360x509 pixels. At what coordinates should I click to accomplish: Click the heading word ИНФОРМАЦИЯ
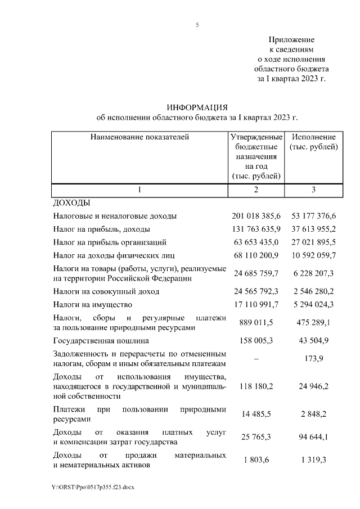197,107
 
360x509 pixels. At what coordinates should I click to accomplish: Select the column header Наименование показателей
140,137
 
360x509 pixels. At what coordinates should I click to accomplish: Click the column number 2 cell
255,190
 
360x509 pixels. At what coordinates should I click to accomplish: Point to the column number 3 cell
313,190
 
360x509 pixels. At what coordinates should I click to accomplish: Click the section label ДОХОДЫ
71,202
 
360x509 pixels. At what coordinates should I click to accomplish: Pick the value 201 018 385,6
256,216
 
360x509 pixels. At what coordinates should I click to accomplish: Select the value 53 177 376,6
313,216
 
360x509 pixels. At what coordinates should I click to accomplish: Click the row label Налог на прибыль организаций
109,242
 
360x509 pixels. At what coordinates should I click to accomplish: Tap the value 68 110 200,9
256,256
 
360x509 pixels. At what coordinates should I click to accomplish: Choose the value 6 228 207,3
313,273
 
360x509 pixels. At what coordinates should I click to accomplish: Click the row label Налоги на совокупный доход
106,291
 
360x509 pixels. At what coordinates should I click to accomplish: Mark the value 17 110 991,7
256,305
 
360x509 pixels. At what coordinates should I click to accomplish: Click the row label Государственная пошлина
101,340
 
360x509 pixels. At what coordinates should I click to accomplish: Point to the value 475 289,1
313,322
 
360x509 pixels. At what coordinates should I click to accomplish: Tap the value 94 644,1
313,436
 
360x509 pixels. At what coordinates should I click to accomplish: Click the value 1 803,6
256,461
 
